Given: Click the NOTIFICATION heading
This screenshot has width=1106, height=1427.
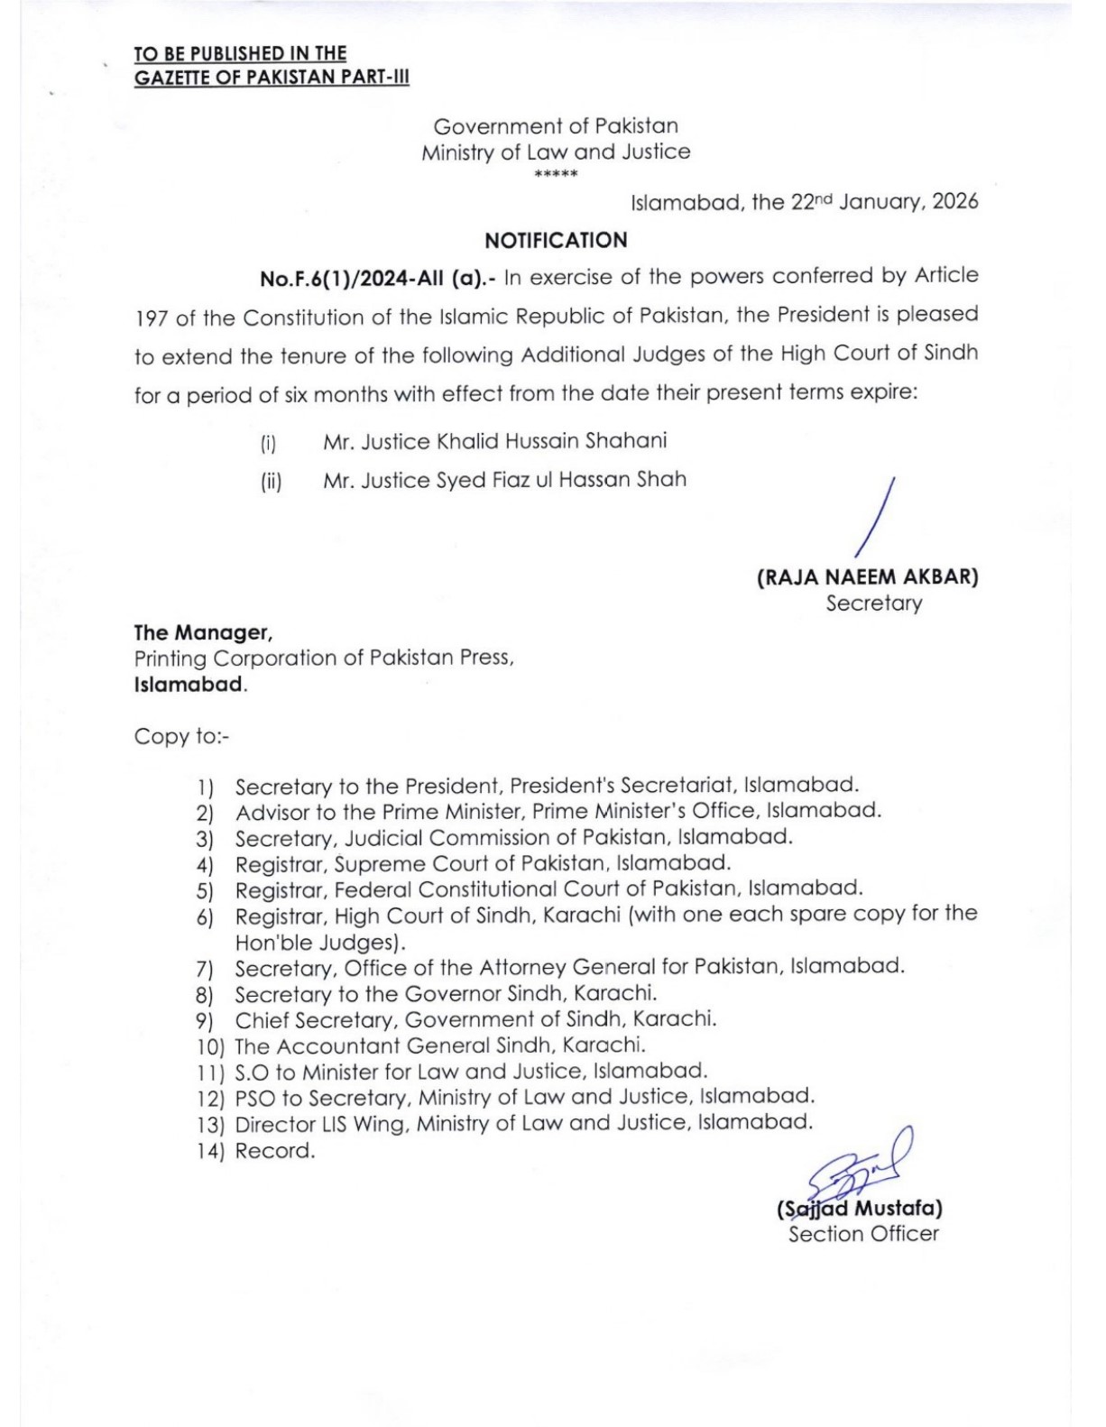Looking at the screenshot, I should pos(556,241).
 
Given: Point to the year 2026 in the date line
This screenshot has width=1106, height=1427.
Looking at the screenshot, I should pos(955,201).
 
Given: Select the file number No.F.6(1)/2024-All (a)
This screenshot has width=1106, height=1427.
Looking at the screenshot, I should pos(377,279).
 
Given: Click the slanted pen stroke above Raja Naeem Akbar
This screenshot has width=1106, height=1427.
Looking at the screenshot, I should pos(874,516).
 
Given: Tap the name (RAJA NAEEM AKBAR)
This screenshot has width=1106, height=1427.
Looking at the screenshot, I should pos(867,577).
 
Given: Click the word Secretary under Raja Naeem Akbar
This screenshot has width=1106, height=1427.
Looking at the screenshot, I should pos(874,603).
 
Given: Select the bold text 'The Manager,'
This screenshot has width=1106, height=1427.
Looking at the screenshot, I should pos(204,632).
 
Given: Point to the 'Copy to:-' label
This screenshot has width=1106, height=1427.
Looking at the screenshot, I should pos(182,736).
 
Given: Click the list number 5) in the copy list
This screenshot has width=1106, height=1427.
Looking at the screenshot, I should pos(205,891).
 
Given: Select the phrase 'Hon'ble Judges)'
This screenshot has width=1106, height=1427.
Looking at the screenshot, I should pos(320,943).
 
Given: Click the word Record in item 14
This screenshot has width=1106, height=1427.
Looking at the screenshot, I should pos(274,1151).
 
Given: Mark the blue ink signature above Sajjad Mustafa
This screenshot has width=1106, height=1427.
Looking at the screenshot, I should pos(861,1167).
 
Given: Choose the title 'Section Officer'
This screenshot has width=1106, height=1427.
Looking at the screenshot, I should pos(863,1234).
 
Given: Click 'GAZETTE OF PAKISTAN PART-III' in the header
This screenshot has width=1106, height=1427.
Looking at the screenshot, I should pos(272,78).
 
